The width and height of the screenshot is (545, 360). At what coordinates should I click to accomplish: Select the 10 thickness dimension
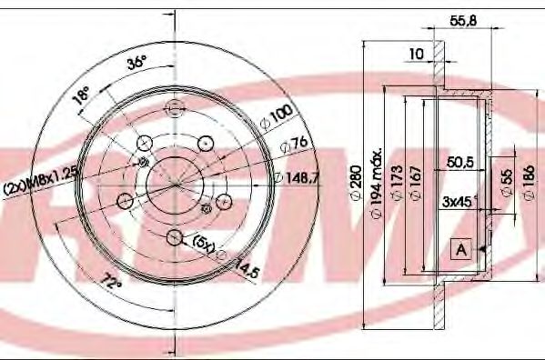(x=417, y=55)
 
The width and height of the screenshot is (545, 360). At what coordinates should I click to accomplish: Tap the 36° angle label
(x=136, y=65)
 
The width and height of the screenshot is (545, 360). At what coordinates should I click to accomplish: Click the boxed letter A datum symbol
(x=461, y=247)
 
